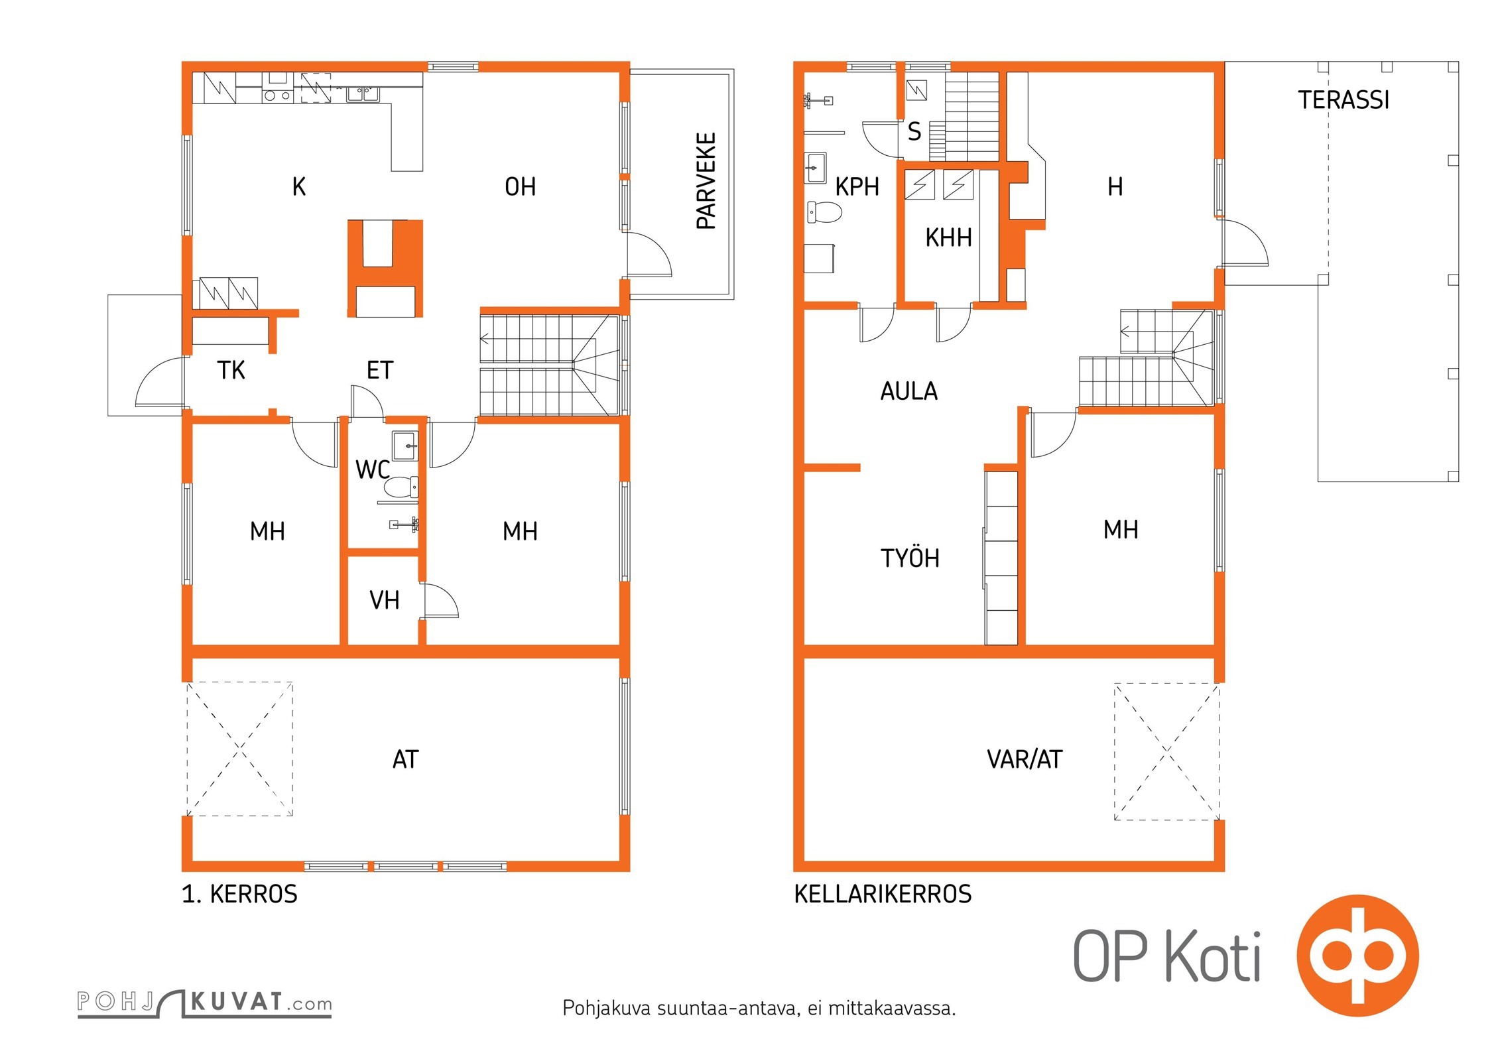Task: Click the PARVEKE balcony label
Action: point(707,181)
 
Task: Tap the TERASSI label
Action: point(1344,100)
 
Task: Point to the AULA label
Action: point(909,391)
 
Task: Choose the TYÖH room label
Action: point(910,558)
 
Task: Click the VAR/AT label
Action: point(1025,759)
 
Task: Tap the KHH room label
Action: point(948,237)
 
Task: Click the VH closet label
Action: point(385,601)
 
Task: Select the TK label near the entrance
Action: point(231,370)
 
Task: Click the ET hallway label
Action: point(380,370)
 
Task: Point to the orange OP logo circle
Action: point(1357,956)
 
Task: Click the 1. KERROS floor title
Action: point(240,895)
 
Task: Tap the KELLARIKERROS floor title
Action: point(883,895)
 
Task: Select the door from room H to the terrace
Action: point(1245,243)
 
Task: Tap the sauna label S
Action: point(914,131)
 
